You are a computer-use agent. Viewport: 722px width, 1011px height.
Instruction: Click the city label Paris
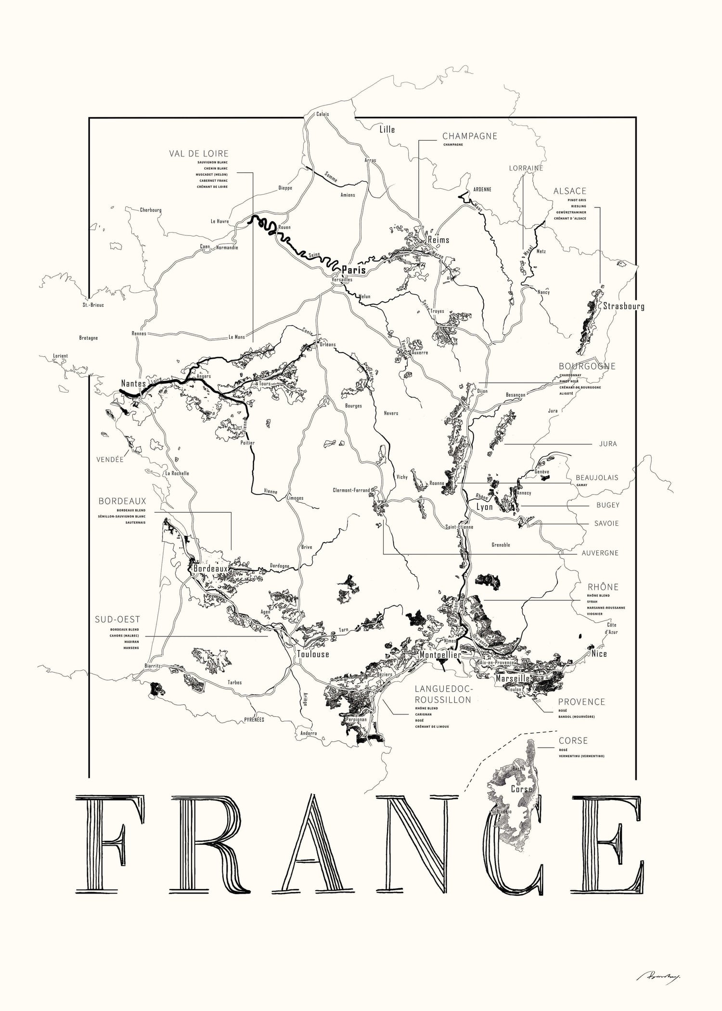tap(354, 270)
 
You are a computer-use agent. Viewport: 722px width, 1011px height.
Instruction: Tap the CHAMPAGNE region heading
tap(469, 136)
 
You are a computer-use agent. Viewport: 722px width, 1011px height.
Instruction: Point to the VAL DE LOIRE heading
tap(198, 154)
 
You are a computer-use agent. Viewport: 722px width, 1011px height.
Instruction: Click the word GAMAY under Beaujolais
tap(582, 485)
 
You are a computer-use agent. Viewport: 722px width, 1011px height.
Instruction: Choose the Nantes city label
tap(133, 384)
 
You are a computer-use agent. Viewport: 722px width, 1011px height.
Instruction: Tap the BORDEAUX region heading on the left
tap(122, 501)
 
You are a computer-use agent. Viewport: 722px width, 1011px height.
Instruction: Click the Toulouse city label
tap(313, 654)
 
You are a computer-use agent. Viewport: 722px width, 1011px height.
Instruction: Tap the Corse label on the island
tap(521, 790)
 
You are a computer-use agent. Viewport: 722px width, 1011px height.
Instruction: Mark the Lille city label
tap(387, 130)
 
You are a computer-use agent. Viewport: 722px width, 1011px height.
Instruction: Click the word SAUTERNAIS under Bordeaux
tap(135, 522)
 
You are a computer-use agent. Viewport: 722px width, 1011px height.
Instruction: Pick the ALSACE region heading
tap(570, 191)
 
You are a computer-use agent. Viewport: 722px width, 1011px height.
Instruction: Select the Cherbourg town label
tap(151, 210)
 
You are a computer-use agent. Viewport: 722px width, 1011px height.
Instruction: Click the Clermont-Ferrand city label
tap(351, 491)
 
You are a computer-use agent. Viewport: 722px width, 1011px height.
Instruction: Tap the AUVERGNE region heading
tap(600, 553)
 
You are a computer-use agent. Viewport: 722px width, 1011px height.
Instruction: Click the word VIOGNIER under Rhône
tap(594, 614)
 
